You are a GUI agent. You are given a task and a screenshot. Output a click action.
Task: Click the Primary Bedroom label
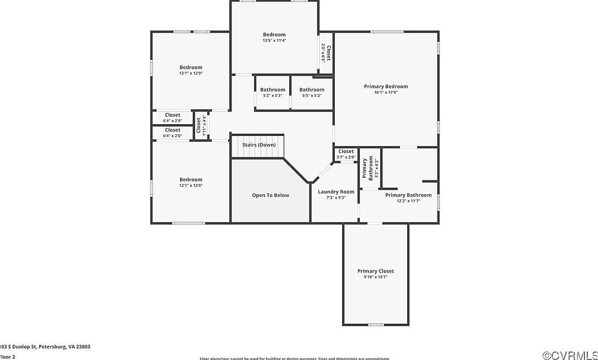(386, 86)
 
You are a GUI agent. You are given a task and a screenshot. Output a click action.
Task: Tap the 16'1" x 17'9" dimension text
(386, 93)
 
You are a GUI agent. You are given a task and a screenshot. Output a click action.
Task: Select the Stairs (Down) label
(259, 145)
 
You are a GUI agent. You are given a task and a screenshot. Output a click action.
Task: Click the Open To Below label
(270, 195)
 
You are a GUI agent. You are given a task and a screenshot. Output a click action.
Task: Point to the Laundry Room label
(336, 192)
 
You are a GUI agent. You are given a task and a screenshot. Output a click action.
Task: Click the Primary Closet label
(376, 271)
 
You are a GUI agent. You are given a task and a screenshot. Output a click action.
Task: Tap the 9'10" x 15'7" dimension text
(376, 277)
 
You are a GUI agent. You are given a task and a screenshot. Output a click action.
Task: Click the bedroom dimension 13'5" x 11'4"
(274, 41)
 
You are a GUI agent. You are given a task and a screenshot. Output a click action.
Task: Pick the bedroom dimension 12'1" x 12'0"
(191, 73)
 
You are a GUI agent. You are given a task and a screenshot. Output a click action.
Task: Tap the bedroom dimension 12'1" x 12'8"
(191, 186)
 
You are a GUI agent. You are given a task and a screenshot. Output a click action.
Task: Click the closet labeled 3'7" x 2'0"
(346, 154)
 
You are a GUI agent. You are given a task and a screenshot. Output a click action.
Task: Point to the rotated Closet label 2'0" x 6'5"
(326, 52)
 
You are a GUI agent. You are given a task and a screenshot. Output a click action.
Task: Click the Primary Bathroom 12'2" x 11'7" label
(408, 197)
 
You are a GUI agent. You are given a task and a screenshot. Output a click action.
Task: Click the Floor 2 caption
(8, 357)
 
